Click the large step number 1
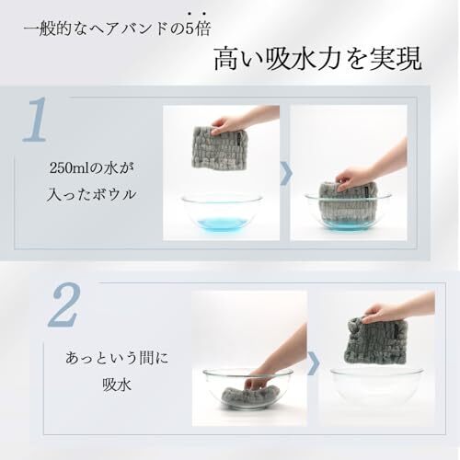click(x=36, y=120)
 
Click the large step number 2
click(x=64, y=305)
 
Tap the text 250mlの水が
click(x=92, y=168)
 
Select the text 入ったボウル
click(x=91, y=194)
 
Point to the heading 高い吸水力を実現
click(x=317, y=59)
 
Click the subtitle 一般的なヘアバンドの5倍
click(x=117, y=29)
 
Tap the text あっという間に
click(x=117, y=358)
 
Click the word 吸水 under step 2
click(x=117, y=384)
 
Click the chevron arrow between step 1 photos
click(x=286, y=174)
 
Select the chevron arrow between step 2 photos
click(x=314, y=363)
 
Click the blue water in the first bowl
click(x=222, y=223)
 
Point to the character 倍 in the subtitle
click(x=202, y=29)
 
